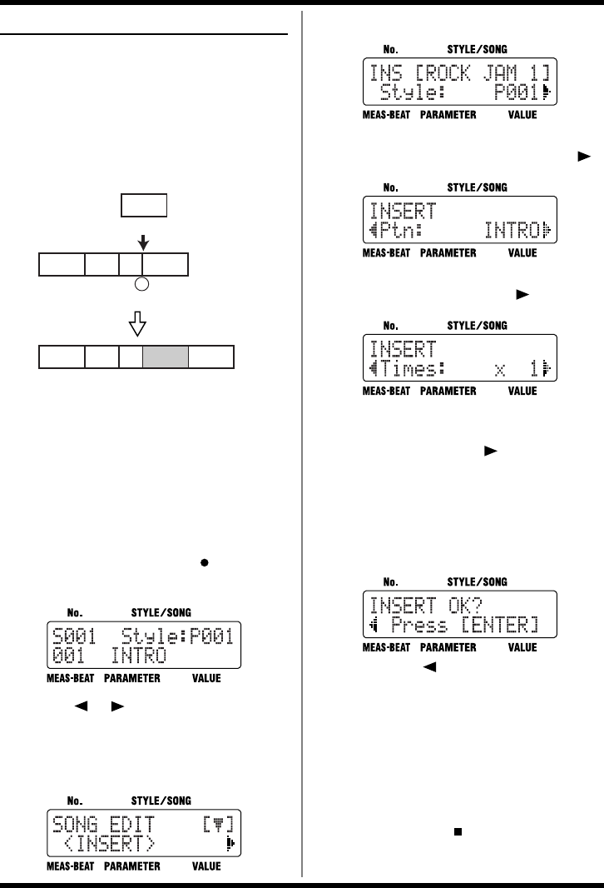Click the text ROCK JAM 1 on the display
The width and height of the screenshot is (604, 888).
click(x=488, y=72)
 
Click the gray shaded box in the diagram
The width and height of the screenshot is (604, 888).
click(x=166, y=357)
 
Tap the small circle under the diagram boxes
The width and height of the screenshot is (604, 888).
click(x=142, y=285)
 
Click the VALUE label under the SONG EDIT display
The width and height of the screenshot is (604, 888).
click(x=206, y=866)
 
